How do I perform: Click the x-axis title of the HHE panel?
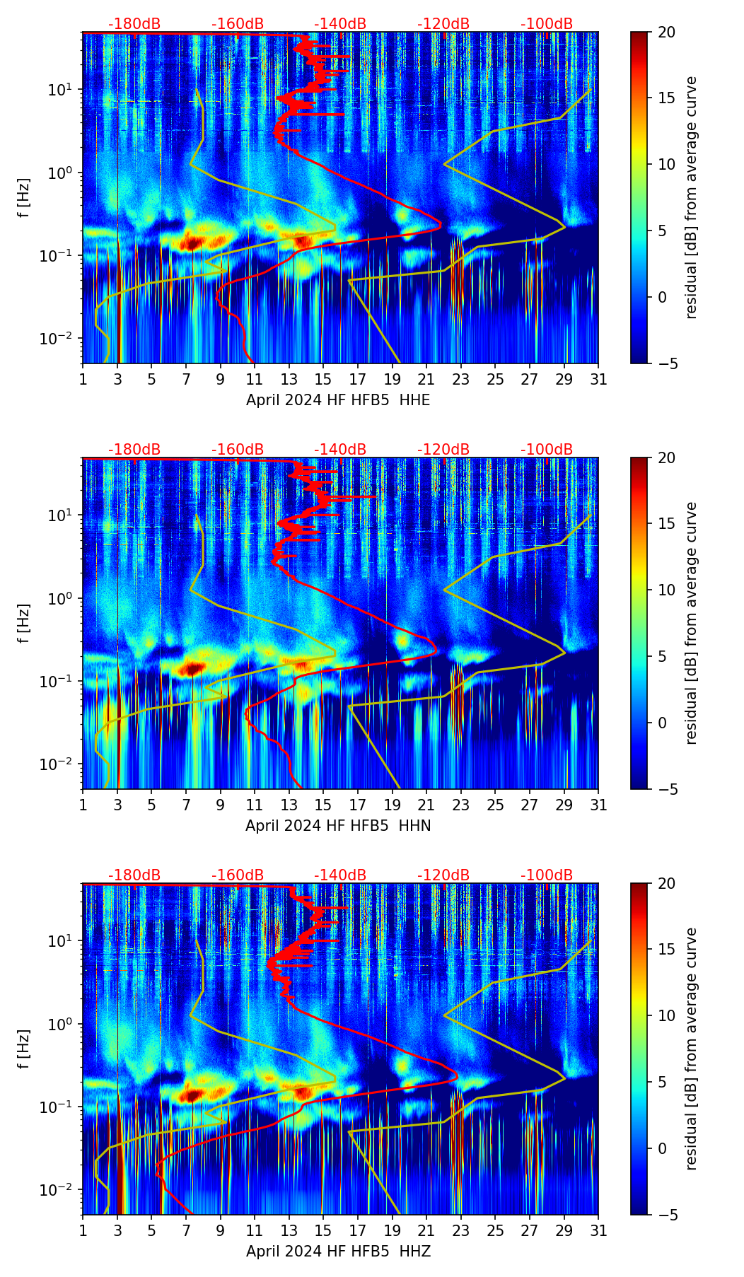[338, 400]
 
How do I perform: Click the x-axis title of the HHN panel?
[338, 826]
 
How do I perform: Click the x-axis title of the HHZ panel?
[338, 1252]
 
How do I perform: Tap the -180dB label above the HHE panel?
[134, 25]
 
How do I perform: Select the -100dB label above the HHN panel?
[547, 450]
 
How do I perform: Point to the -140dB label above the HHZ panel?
[340, 876]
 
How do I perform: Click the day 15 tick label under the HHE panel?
[323, 380]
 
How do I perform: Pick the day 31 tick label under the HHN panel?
[598, 805]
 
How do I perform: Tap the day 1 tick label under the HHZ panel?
[83, 1231]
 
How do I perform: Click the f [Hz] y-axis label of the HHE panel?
[25, 198]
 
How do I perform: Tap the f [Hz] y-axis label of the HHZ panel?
[25, 1049]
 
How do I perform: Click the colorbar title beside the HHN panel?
[692, 623]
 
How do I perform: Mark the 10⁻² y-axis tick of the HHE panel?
[63, 339]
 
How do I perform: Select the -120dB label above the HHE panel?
[443, 25]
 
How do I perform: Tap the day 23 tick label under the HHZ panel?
[461, 1231]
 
